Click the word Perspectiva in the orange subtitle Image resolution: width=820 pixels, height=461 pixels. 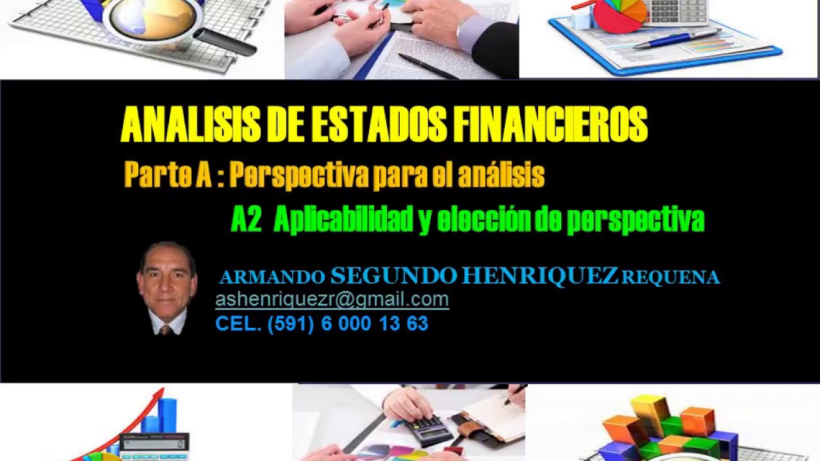[x=298, y=175]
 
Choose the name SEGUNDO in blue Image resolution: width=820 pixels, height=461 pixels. [x=393, y=276]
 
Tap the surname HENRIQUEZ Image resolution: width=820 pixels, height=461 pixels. [x=540, y=276]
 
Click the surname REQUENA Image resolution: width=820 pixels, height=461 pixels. [x=671, y=277]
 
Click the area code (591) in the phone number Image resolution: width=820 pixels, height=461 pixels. [x=291, y=324]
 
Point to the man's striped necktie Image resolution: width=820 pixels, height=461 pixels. [x=165, y=329]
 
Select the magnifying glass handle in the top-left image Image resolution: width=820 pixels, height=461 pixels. [x=224, y=42]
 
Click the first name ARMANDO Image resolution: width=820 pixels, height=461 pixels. [x=272, y=277]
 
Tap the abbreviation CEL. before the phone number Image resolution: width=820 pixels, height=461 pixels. [x=238, y=324]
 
